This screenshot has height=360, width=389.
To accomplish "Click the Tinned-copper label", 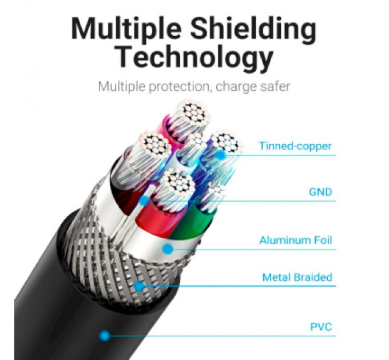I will click(x=295, y=146).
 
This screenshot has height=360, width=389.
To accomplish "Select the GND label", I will click(x=320, y=192).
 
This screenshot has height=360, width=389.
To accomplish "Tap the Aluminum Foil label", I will click(x=295, y=241).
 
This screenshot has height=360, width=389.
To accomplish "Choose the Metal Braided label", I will click(x=297, y=277).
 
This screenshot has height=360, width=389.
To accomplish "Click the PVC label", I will click(x=321, y=327).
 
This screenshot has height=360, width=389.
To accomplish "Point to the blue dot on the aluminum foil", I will click(x=168, y=249).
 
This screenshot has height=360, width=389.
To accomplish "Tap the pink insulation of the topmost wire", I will click(x=170, y=127).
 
